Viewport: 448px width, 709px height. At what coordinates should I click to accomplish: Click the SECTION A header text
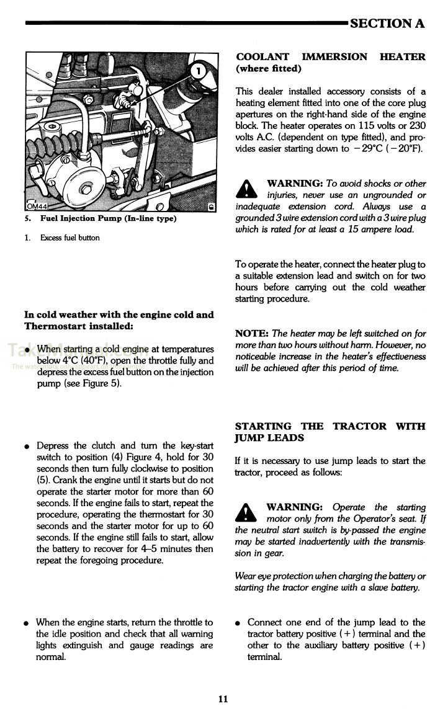coord(387,24)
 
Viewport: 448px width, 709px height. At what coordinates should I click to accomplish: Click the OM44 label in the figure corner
coord(37,207)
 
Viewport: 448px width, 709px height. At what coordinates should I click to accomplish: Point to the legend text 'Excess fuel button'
coord(69,238)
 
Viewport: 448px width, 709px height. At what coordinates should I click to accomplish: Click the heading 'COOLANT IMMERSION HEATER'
coord(330,63)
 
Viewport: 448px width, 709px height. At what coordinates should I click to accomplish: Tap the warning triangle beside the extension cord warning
coord(248,189)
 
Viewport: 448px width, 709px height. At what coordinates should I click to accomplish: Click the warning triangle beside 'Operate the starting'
coord(248,512)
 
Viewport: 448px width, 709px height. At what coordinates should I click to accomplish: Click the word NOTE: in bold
coord(252,333)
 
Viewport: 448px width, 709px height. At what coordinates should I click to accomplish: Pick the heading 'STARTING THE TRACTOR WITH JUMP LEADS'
coord(330,432)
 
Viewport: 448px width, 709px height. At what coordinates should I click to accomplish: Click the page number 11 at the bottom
coord(223,699)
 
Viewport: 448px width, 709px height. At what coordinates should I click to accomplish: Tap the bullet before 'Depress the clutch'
coord(27,447)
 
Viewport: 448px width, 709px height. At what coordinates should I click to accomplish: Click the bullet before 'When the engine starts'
coord(27,623)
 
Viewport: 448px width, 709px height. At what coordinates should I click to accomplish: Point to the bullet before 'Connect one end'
coord(239,623)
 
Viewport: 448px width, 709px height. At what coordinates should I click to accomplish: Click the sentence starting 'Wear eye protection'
coord(330,582)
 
